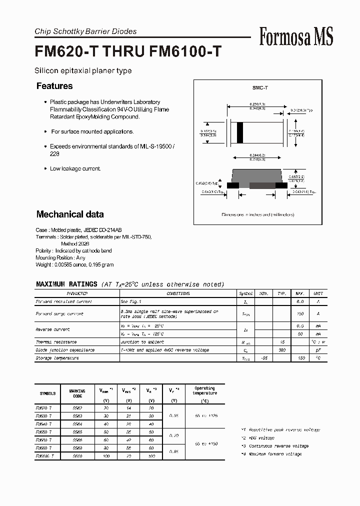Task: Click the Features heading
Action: (x=54, y=86)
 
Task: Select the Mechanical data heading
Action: (x=70, y=214)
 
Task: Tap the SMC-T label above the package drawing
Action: (x=260, y=88)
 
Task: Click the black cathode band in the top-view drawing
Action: (x=240, y=133)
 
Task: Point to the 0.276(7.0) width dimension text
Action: (x=257, y=103)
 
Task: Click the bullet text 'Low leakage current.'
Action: (x=75, y=168)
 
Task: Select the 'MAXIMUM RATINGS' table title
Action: (x=66, y=284)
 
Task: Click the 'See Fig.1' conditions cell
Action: (x=131, y=302)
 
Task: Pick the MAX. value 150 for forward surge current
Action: (x=300, y=313)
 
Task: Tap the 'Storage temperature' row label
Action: (x=57, y=358)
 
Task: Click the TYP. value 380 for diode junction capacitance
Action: (x=282, y=350)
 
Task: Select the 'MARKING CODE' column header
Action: (x=77, y=393)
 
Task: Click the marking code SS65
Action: (x=77, y=431)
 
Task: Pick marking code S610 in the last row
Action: (x=77, y=456)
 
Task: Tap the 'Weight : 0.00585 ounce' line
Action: (x=75, y=264)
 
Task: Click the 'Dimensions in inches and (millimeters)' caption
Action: (x=257, y=214)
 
